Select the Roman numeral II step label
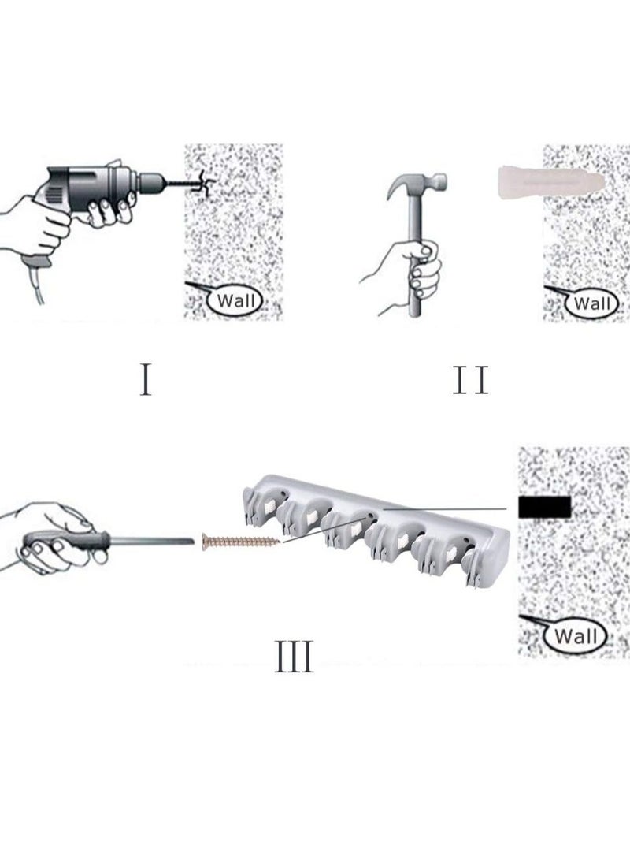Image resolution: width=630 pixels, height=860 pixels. coord(471,380)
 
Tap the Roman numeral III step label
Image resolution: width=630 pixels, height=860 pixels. coord(294,656)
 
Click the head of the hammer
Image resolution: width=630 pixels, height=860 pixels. coord(417,183)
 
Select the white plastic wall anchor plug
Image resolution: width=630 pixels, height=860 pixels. coord(551,181)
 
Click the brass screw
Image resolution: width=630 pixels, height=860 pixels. coord(241,542)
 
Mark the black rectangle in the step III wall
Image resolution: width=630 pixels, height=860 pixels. coord(544,508)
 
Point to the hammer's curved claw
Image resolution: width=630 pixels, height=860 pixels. coord(396,186)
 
